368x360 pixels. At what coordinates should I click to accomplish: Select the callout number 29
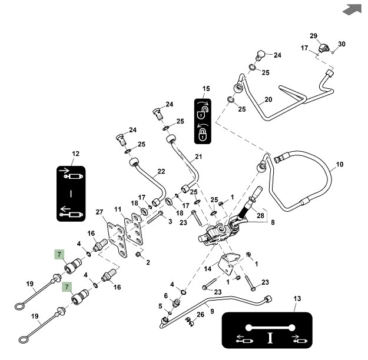(313, 36)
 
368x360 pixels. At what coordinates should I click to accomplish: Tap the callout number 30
(342, 44)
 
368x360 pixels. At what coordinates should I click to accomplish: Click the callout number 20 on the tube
(268, 99)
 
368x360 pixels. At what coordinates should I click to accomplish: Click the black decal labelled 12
(71, 192)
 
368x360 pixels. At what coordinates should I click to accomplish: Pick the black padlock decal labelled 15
(203, 121)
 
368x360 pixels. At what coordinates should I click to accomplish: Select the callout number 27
(99, 212)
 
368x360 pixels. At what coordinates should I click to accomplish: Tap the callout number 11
(118, 209)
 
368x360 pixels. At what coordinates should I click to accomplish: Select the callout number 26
(201, 315)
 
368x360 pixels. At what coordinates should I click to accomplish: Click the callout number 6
(165, 295)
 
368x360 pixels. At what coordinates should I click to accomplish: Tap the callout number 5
(160, 306)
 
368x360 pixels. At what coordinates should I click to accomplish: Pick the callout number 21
(198, 156)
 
